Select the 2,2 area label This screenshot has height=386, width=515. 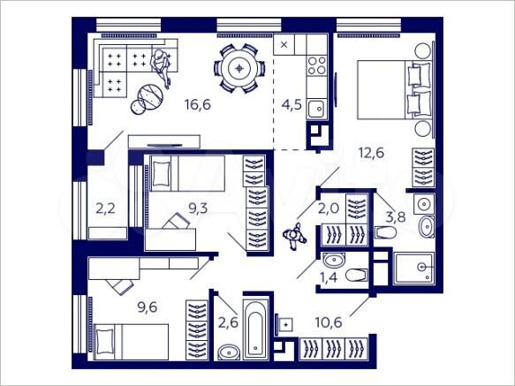105,210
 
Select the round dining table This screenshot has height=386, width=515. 239,68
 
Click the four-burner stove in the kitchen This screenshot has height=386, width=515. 315,64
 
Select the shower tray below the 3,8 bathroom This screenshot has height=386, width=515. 414,268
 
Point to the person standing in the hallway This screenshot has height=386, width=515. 294,236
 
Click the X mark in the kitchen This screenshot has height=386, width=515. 284,43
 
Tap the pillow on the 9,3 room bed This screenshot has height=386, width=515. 160,174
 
